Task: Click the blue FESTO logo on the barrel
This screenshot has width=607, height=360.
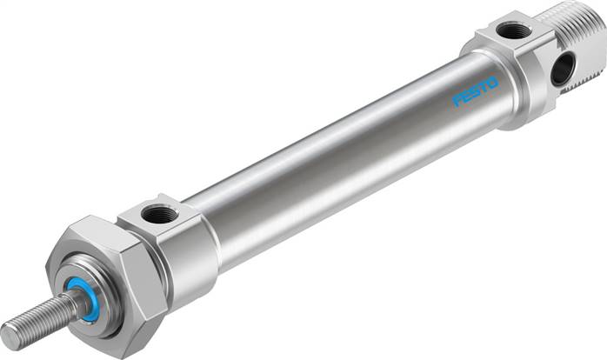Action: [x=475, y=92]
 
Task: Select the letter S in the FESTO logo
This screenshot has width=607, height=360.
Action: [x=475, y=92]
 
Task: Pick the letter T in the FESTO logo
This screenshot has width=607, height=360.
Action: [x=484, y=88]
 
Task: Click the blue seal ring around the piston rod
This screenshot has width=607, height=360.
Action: [x=89, y=297]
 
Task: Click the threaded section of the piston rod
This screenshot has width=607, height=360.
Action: [x=39, y=319]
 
